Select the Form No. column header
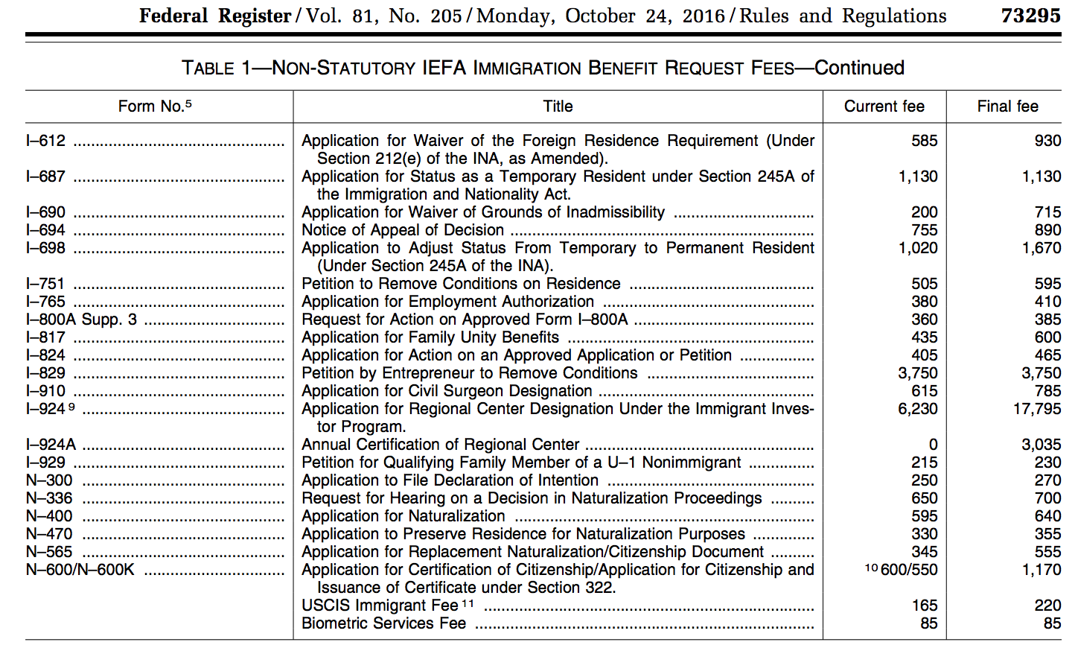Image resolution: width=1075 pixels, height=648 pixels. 154,107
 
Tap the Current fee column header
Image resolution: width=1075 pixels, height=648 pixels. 884,107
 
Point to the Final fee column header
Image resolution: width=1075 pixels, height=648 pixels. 1007,107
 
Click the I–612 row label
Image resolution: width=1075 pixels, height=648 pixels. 46,141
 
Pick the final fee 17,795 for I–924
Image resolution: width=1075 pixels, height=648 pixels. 1037,409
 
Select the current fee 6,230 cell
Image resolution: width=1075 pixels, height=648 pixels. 918,409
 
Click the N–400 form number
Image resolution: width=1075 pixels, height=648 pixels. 49,516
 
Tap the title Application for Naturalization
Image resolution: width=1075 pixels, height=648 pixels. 403,516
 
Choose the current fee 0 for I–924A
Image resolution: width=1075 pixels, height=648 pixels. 933,445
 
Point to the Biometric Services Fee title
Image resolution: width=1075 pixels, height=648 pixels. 383,623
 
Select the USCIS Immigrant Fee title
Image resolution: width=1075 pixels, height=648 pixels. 380,606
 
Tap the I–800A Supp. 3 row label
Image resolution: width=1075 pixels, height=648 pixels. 81,320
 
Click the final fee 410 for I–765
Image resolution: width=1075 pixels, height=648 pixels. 1047,302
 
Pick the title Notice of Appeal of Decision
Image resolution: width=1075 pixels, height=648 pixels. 403,230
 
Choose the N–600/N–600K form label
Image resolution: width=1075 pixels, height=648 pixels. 80,570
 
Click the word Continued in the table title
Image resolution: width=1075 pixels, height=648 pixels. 859,68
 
